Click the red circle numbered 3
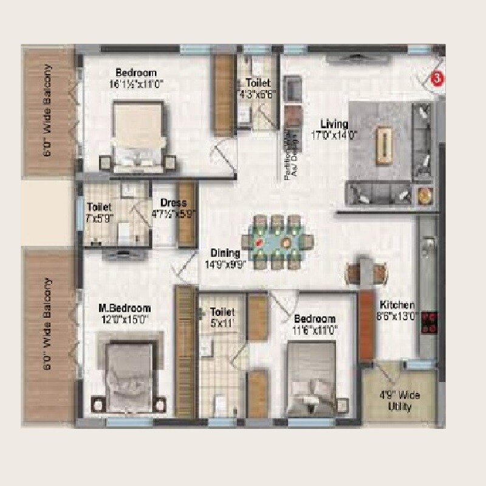coord(435,77)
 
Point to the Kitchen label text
coord(397,305)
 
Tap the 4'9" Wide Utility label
coord(399,401)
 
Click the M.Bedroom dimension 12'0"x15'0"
coord(124,319)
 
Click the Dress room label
coord(169,203)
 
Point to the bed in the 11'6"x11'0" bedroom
coord(310,377)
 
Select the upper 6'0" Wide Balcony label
coord(47,112)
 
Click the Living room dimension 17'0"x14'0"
coord(335,135)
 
